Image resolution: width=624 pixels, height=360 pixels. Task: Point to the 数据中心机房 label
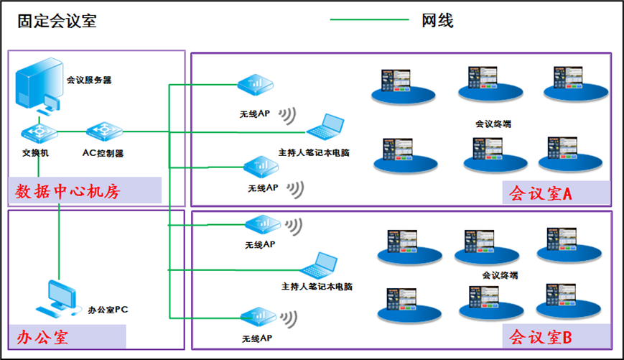[x=67, y=191]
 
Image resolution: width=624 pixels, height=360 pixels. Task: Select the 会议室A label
[x=540, y=193]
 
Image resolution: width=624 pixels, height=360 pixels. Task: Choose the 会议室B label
[x=540, y=336]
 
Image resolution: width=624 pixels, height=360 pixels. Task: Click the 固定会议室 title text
[x=57, y=21]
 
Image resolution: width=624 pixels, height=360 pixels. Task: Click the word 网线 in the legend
[x=437, y=21]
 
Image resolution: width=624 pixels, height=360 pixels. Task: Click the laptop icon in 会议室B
[x=319, y=267]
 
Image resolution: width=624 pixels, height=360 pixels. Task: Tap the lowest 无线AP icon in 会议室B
[x=256, y=317]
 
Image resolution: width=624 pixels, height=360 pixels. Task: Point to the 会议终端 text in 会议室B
[x=499, y=275]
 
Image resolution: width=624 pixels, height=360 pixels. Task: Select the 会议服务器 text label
[x=88, y=80]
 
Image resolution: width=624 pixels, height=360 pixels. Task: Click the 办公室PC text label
[x=108, y=310]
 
